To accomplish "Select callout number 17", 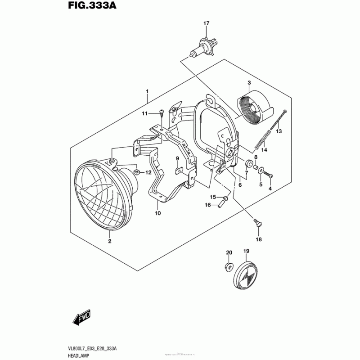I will point(206,23).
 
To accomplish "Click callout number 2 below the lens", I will point(109,242).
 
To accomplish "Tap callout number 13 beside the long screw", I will point(279,131).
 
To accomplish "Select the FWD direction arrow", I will point(82,319).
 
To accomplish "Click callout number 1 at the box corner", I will point(147,91).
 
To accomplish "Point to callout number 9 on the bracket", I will point(177,158).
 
